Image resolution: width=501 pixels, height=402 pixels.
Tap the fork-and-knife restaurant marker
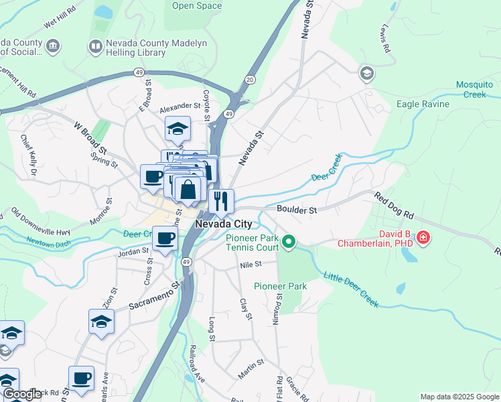[x=221, y=200]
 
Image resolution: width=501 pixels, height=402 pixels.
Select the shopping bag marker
[x=189, y=190]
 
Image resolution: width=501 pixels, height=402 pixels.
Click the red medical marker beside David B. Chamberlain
[x=423, y=237]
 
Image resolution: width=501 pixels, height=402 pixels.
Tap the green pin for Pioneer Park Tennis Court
[x=289, y=241]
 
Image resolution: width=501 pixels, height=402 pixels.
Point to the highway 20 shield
[x=250, y=80]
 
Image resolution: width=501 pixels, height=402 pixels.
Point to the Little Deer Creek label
[x=352, y=289]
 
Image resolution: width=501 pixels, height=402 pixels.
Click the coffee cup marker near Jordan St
[x=165, y=238]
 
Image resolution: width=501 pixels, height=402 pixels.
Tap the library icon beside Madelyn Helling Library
[x=95, y=46]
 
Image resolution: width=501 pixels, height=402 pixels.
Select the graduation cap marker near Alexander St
[x=178, y=129]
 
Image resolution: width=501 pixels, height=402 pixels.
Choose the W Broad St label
[x=90, y=136]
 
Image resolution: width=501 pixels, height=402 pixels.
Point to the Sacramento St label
[x=155, y=295]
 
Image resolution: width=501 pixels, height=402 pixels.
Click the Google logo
[x=22, y=395]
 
